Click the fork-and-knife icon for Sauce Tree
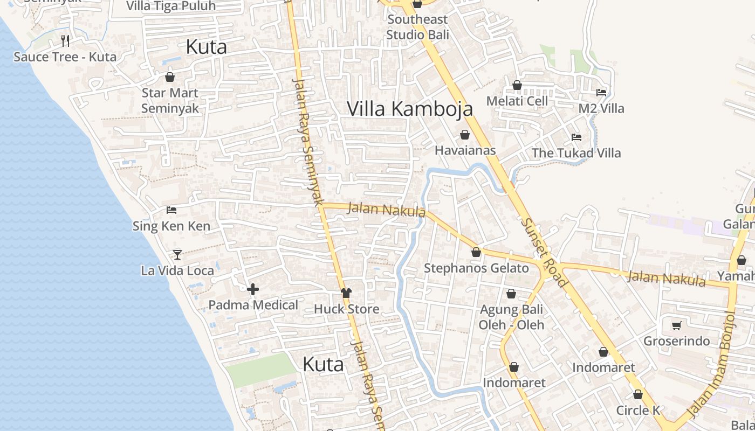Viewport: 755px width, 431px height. [65, 40]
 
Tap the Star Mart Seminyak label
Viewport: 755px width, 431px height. [170, 101]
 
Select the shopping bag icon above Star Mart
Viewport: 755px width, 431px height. [170, 77]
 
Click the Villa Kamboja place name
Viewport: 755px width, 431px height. [410, 109]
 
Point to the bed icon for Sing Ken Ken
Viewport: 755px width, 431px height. [171, 210]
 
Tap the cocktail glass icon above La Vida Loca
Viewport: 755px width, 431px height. [177, 254]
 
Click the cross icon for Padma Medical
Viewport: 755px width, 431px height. [253, 290]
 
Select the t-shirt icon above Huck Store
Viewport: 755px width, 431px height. [346, 293]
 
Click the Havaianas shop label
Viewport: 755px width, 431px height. [465, 150]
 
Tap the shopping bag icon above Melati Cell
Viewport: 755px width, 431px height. [517, 85]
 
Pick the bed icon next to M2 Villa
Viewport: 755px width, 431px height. [601, 93]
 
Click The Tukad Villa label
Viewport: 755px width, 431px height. [576, 153]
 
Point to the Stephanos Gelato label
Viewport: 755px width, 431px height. [476, 268]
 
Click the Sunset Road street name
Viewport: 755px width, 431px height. [544, 252]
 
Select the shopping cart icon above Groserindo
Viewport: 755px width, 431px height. [677, 325]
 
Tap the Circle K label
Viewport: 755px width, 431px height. [638, 410]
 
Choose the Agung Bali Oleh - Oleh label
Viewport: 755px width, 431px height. [511, 317]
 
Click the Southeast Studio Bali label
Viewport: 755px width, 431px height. [417, 27]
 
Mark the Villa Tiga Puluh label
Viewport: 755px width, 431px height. [170, 6]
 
